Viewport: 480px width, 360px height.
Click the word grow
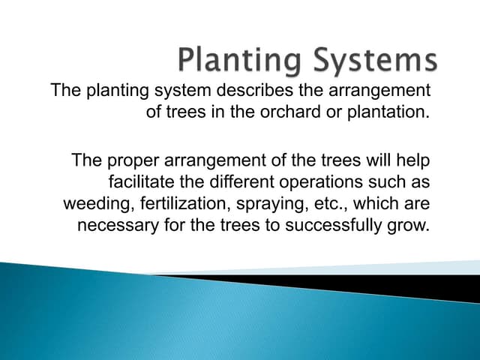coord(414,226)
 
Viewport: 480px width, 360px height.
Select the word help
coord(415,160)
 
